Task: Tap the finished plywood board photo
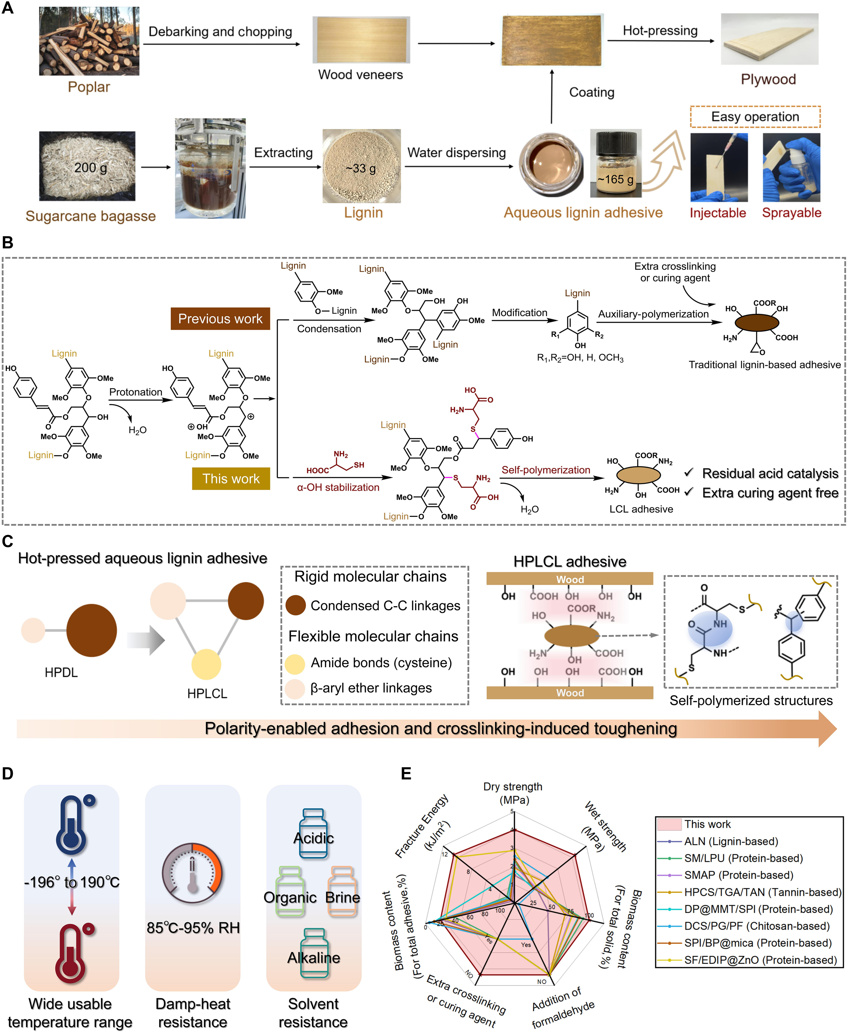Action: coord(769,39)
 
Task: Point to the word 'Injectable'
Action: coord(718,213)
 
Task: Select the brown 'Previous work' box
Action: coord(220,319)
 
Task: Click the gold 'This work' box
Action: coord(231,479)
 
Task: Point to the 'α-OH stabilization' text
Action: coord(338,487)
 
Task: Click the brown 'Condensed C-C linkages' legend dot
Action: coord(295,605)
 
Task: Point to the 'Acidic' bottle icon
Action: coord(313,834)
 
